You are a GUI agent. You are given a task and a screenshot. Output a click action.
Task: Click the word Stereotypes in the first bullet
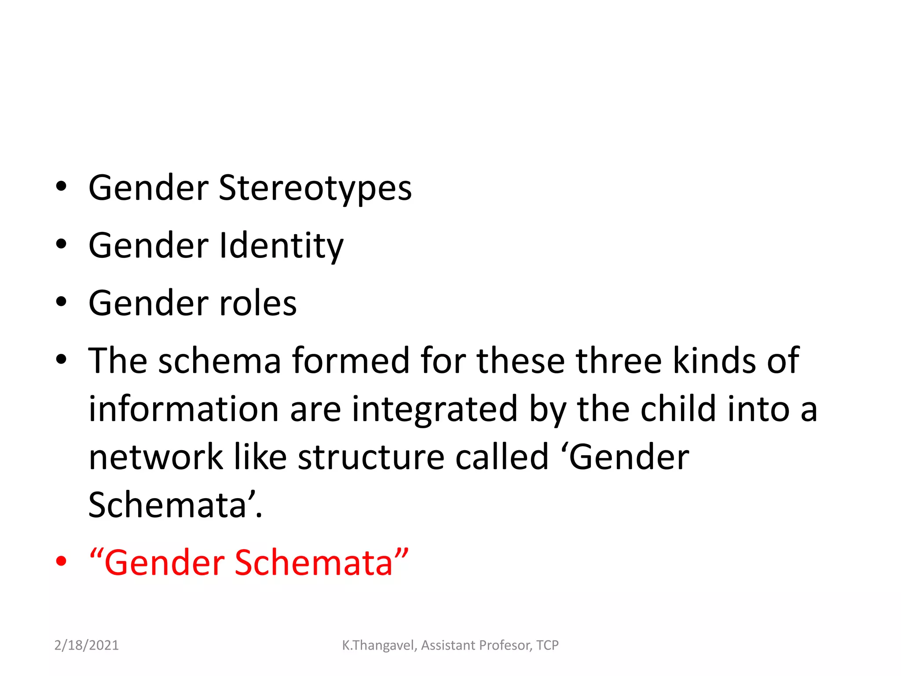[x=315, y=188]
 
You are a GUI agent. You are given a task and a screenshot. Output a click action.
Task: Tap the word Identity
[x=282, y=246]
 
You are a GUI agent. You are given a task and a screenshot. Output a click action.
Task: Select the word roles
[x=258, y=303]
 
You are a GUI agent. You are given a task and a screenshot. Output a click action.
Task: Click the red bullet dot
[x=61, y=562]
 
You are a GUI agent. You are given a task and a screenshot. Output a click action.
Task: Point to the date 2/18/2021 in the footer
[x=86, y=645]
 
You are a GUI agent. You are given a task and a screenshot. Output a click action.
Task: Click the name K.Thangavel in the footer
[x=378, y=645]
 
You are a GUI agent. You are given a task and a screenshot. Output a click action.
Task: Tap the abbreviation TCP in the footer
[x=547, y=645]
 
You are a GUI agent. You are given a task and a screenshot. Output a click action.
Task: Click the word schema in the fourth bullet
[x=220, y=361]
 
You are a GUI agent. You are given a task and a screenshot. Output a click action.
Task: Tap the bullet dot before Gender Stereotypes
[x=61, y=187]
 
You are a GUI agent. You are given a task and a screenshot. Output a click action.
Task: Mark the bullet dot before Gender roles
[x=61, y=302]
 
